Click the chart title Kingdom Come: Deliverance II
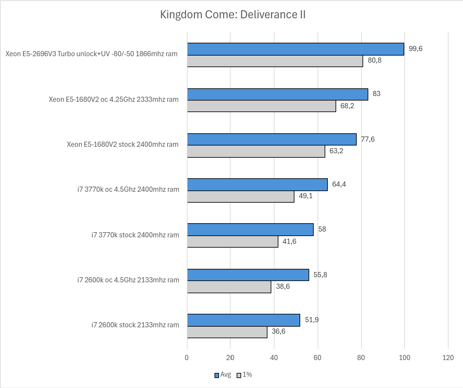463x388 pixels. [232, 15]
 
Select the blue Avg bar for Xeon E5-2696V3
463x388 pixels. [295, 49]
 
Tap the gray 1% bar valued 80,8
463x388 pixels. [275, 61]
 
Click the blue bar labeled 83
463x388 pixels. [277, 94]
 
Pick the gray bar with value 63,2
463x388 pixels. [256, 151]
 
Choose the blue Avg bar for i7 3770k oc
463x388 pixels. [257, 185]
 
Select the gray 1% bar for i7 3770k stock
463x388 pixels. [232, 242]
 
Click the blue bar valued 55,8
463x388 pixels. [248, 275]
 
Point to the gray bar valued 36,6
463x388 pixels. [227, 332]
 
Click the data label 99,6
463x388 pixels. [415, 49]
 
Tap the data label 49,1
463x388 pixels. [305, 196]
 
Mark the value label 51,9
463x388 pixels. [311, 320]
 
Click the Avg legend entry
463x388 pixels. [223, 375]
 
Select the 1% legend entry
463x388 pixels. [244, 375]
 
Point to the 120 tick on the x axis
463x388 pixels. [448, 358]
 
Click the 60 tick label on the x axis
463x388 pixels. [317, 358]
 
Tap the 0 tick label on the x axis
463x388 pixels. [187, 358]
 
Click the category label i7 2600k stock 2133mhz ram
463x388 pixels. [135, 325]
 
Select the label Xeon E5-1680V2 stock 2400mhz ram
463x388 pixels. [122, 145]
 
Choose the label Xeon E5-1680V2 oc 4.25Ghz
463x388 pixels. [113, 100]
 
